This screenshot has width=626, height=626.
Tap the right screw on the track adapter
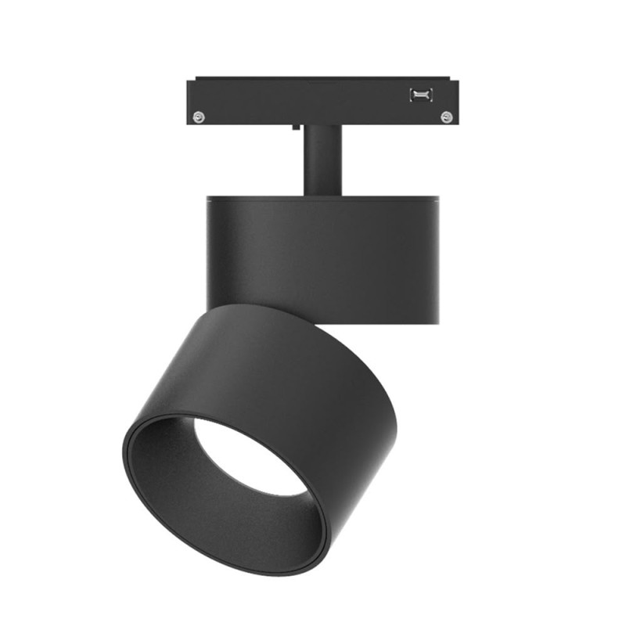point(446,117)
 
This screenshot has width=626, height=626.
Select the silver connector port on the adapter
point(420,95)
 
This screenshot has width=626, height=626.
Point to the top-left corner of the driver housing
point(209,197)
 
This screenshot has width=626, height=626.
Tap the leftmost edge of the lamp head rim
point(124,454)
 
